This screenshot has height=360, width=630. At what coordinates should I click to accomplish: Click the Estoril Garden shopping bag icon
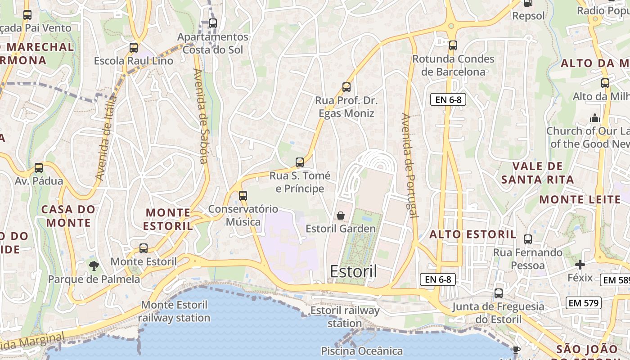click(x=341, y=216)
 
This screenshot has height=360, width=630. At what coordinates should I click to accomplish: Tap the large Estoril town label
click(x=353, y=271)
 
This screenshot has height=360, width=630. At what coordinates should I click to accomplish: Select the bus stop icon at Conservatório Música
click(x=243, y=196)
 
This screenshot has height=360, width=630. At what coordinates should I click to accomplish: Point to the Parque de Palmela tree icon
click(x=94, y=266)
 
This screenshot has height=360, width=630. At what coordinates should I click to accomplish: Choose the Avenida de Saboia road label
click(x=201, y=116)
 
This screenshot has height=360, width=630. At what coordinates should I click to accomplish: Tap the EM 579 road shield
click(x=584, y=303)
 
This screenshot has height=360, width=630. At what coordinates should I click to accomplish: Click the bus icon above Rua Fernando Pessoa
click(x=528, y=239)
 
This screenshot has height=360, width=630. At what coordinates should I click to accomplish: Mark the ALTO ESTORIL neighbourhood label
click(x=472, y=234)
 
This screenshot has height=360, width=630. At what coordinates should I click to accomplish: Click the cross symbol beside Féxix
click(x=580, y=265)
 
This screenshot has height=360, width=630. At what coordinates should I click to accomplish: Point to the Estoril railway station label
click(x=345, y=317)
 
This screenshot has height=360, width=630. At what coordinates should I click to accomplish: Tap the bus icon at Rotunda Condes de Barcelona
click(x=453, y=45)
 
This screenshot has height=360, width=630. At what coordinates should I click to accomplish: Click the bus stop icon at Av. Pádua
click(x=39, y=168)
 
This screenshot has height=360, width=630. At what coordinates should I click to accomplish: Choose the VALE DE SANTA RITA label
click(x=537, y=173)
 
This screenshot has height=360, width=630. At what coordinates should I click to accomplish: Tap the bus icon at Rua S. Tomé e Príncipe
click(x=300, y=162)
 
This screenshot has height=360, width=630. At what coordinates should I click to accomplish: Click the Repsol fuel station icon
click(x=528, y=4)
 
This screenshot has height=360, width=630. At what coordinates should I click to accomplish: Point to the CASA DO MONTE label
click(x=68, y=216)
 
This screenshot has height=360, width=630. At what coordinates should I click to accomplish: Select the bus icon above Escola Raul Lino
click(x=133, y=47)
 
